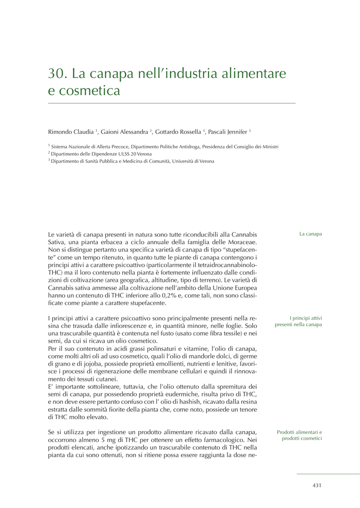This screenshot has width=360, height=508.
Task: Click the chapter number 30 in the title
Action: point(57,74)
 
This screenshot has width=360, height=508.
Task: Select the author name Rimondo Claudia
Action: point(71,132)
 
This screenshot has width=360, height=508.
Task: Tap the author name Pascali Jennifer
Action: point(228,132)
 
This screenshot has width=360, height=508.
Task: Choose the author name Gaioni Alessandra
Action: point(124,132)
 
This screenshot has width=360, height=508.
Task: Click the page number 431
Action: point(317,485)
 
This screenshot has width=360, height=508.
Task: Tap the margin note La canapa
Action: point(310,234)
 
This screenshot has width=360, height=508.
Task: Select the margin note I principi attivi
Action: point(306,317)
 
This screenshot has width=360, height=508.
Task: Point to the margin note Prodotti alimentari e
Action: point(299,432)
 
